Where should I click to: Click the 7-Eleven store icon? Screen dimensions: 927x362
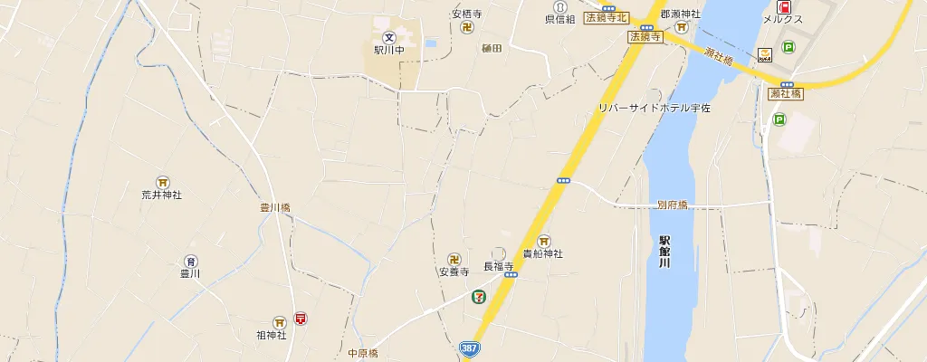(477, 296)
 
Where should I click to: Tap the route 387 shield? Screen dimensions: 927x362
(469, 348)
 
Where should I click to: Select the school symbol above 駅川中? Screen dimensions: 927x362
(388, 37)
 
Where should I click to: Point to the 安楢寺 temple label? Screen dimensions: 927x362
(468, 14)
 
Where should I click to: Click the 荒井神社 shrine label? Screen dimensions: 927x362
(162, 195)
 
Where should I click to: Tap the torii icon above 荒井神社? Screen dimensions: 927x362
(162, 181)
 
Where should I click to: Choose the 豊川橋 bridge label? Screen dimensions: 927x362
(275, 207)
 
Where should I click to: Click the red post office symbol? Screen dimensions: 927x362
(300, 319)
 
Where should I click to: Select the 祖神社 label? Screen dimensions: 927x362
(272, 335)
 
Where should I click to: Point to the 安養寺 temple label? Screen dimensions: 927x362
(454, 271)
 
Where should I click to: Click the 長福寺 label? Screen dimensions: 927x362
(498, 266)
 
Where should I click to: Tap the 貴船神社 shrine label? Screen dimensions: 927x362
(543, 254)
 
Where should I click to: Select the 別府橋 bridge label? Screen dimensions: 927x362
(673, 205)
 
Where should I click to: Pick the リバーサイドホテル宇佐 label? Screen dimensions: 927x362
(655, 109)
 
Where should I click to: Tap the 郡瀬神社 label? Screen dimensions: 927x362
(681, 14)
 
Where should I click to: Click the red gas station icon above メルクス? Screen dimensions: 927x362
(783, 6)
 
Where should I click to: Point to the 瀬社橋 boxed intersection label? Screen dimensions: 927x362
(785, 93)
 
